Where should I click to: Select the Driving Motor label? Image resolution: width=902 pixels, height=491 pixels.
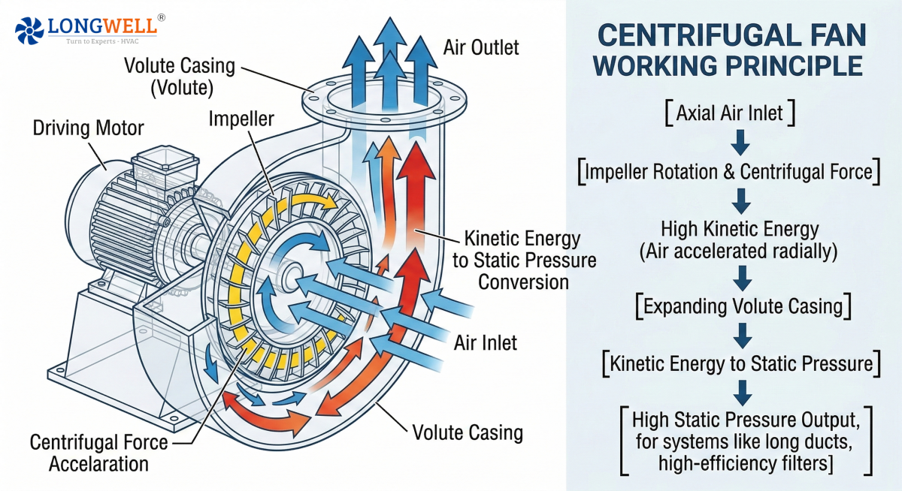tap(88, 128)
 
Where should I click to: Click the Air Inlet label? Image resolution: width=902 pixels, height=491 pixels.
tap(486, 343)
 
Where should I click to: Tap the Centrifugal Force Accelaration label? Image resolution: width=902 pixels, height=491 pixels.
tap(98, 453)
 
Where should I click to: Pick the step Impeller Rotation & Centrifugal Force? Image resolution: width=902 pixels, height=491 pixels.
tap(728, 172)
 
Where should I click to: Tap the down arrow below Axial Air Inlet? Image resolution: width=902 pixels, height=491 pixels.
tap(741, 141)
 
